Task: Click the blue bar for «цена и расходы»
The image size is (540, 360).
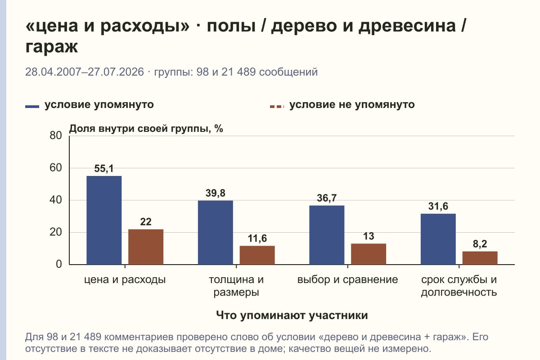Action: pyautogui.click(x=104, y=220)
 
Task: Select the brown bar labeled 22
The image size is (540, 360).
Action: pyautogui.click(x=146, y=247)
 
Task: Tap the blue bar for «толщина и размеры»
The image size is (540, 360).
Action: pyautogui.click(x=216, y=233)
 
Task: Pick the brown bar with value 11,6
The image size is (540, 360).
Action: pyautogui.click(x=257, y=255)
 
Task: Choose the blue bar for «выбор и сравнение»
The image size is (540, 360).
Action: pyautogui.click(x=327, y=235)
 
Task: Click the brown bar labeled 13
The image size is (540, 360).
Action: pyautogui.click(x=369, y=254)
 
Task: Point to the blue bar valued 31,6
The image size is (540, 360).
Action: pyautogui.click(x=438, y=239)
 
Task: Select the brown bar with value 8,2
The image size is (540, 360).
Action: pyautogui.click(x=480, y=258)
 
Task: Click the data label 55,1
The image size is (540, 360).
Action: pyautogui.click(x=104, y=169)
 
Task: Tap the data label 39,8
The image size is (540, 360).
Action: pyautogui.click(x=216, y=193)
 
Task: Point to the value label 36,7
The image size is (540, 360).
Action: pyautogui.click(x=327, y=198)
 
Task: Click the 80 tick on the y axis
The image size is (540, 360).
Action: pyautogui.click(x=56, y=135)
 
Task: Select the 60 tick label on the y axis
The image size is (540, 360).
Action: pyautogui.click(x=56, y=168)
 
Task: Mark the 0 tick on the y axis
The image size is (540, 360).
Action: pyautogui.click(x=59, y=264)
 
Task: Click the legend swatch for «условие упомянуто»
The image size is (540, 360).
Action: pyautogui.click(x=32, y=107)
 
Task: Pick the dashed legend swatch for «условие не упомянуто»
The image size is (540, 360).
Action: pyautogui.click(x=277, y=107)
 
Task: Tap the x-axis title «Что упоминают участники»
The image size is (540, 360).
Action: pyautogui.click(x=292, y=315)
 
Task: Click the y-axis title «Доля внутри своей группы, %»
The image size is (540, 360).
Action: pyautogui.click(x=146, y=129)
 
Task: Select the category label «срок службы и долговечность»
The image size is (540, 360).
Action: pyautogui.click(x=459, y=286)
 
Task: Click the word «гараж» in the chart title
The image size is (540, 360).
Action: pyautogui.click(x=52, y=46)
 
